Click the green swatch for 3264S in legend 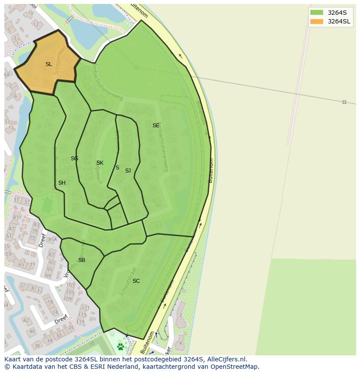pyautogui.click(x=317, y=13)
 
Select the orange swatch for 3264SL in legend pyautogui.click(x=317, y=21)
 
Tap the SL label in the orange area pyautogui.click(x=49, y=64)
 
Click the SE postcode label pyautogui.click(x=156, y=126)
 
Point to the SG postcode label pyautogui.click(x=74, y=159)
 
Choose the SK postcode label pyautogui.click(x=100, y=163)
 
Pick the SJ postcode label pyautogui.click(x=128, y=171)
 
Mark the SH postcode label pyautogui.click(x=62, y=183)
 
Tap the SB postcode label pyautogui.click(x=82, y=260)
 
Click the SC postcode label pyautogui.click(x=136, y=281)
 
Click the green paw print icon pyautogui.click(x=120, y=347)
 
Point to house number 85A pyautogui.click(x=53, y=239)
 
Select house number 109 pyautogui.click(x=67, y=299)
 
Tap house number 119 pyautogui.click(x=80, y=322)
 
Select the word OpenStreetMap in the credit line pyautogui.click(x=235, y=367)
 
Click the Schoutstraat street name pyautogui.click(x=129, y=281)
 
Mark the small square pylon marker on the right pyautogui.click(x=344, y=102)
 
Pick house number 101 pyautogui.click(x=70, y=285)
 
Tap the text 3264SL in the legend pyautogui.click(x=339, y=21)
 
